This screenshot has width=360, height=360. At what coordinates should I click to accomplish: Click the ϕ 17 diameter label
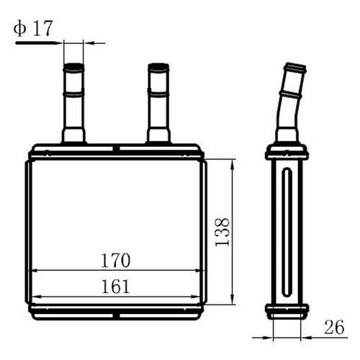tap(33, 28)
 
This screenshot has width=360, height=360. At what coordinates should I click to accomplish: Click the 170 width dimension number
tap(116, 261)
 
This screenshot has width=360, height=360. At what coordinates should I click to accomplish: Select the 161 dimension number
tap(116, 286)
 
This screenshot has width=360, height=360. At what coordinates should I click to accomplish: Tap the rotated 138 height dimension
tap(222, 232)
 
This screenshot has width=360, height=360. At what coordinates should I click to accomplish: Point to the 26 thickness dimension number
tap(334, 327)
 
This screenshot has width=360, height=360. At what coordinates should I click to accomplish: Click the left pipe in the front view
tap(73, 103)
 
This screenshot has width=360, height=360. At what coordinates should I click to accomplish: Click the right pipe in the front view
tap(158, 103)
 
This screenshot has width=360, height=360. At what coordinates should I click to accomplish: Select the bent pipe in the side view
tap(289, 103)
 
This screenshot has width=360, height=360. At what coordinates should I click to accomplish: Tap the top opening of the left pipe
tap(73, 66)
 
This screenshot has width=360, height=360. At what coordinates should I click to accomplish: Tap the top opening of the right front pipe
tap(158, 66)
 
